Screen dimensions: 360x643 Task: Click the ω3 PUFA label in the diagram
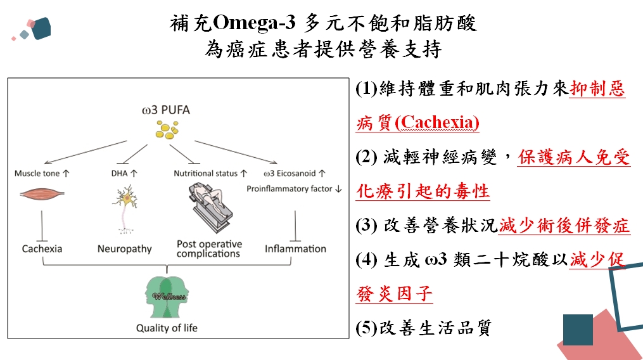[166, 110]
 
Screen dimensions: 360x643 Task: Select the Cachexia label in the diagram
[42, 248]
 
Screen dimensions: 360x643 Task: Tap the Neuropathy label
[125, 248]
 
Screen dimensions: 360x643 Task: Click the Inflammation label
[295, 248]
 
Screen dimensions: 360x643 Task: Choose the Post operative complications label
[209, 248]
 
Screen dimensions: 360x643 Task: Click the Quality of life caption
[167, 328]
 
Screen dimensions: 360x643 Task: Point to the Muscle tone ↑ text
[42, 173]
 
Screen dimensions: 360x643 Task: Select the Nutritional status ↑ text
[209, 173]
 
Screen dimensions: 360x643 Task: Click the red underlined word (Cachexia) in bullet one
[436, 122]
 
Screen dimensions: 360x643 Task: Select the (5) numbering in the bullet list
[366, 328]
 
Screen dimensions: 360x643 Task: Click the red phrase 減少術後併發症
[564, 226]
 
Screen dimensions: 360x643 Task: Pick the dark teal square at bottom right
[577, 330]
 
